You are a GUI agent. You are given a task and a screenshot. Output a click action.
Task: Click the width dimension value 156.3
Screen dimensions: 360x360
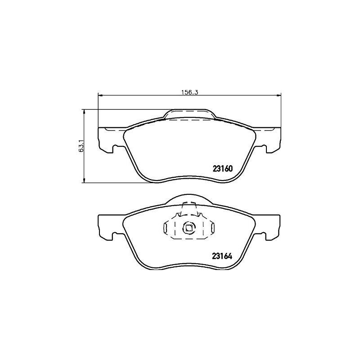click(189, 92)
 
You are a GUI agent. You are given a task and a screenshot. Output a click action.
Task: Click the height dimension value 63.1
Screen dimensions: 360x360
click(81, 146)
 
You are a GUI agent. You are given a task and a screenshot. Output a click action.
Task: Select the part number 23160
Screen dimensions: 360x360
click(223, 169)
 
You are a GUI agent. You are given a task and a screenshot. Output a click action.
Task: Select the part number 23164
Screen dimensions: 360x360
click(222, 256)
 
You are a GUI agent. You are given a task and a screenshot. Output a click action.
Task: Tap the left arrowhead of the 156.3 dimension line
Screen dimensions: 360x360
click(100, 95)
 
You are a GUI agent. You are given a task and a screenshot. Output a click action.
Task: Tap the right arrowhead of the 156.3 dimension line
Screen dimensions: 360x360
click(279, 95)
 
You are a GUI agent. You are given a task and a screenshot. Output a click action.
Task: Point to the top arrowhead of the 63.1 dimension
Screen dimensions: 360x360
click(84, 112)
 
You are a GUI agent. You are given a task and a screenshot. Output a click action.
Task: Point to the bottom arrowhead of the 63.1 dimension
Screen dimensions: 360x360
click(84, 180)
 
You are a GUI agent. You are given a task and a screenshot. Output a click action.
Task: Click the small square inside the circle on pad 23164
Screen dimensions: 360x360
click(189, 228)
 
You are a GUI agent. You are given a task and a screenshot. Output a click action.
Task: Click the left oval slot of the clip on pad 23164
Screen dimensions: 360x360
click(165, 228)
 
